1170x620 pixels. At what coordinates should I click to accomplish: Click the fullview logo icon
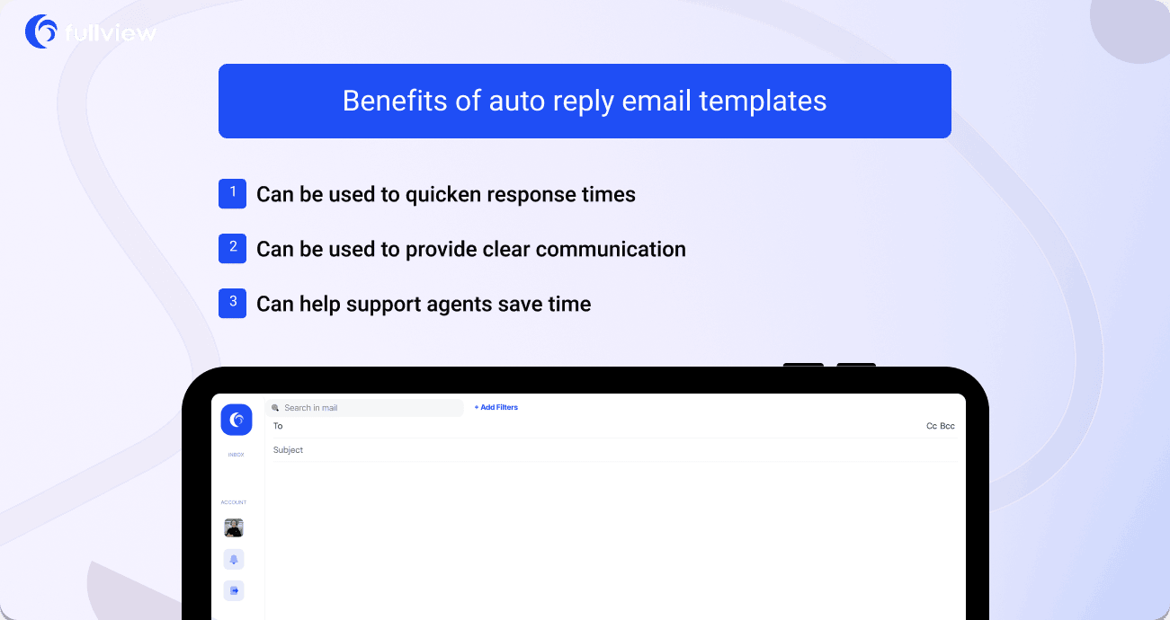coord(41,31)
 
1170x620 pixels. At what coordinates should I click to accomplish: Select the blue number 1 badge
coord(232,193)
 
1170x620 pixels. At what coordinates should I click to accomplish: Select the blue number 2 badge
coord(232,248)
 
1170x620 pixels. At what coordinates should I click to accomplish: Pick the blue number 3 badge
coord(232,303)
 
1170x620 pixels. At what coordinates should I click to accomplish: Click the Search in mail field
coord(364,408)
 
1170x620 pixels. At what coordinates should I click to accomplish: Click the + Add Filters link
coord(496,408)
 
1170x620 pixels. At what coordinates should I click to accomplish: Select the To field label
coord(278,427)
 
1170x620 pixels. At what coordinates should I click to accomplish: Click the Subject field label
coord(288,450)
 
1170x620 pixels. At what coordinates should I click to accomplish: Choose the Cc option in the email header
coord(932,427)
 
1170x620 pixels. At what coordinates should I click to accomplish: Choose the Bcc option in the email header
coord(947,427)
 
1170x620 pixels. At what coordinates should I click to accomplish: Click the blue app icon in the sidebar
coord(237,420)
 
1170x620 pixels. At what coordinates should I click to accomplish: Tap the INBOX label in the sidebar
coord(236,455)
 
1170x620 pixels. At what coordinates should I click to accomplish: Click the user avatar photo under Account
coord(234,527)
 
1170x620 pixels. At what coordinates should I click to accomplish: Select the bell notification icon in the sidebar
coord(234,559)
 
